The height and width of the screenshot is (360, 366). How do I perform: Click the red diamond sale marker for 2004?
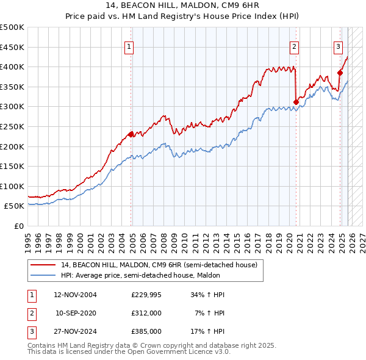pos(131,134)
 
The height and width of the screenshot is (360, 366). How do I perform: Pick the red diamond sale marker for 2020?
pos(296,102)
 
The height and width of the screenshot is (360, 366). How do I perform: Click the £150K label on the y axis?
pos(12,166)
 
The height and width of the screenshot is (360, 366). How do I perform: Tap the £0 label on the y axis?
pos(18,226)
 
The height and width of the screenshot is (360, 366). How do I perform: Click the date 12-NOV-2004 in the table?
pos(76,295)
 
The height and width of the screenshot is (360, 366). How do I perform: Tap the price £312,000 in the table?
pos(146,313)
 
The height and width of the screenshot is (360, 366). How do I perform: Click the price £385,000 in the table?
pos(146,331)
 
